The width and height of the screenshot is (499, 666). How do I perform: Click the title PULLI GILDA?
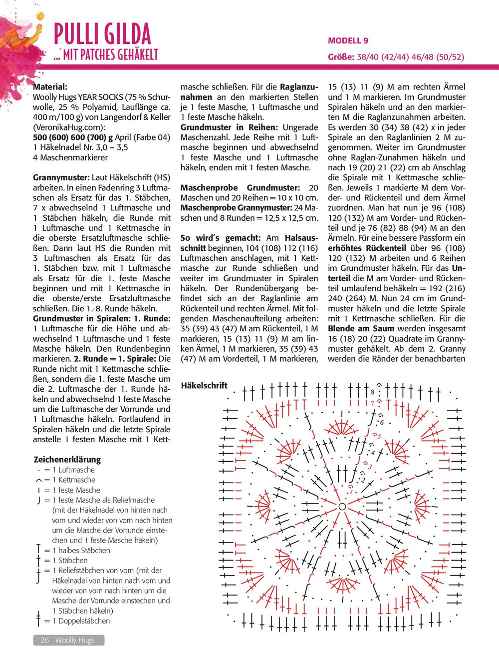[x=102, y=34]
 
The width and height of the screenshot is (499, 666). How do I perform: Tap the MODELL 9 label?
[x=348, y=40]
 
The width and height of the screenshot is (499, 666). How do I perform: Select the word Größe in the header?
[x=341, y=57]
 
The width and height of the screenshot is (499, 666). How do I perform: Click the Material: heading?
[x=50, y=87]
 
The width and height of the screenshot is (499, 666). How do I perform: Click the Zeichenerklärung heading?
[x=67, y=459]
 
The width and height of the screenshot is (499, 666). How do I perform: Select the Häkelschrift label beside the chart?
[x=204, y=385]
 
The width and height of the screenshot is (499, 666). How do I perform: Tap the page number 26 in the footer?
[x=44, y=640]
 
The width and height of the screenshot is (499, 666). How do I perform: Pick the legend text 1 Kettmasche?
[x=74, y=480]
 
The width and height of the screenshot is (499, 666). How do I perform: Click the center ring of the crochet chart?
[x=342, y=507]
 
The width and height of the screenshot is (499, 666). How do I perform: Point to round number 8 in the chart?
[x=372, y=392]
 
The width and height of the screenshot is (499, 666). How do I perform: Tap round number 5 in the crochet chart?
[x=379, y=437]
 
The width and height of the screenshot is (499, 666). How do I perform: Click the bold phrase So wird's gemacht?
[x=221, y=238]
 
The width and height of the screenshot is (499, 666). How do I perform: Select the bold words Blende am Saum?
[x=361, y=328]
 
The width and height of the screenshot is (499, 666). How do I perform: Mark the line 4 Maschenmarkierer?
[x=70, y=157]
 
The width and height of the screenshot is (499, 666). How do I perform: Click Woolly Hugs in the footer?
[x=75, y=640]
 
